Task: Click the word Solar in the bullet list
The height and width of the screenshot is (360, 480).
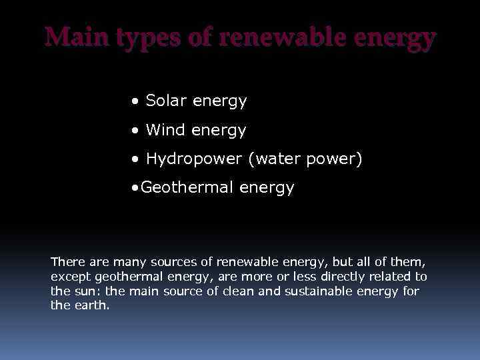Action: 166,101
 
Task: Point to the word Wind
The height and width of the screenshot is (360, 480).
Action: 165,130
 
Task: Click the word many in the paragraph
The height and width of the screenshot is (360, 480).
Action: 126,262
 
